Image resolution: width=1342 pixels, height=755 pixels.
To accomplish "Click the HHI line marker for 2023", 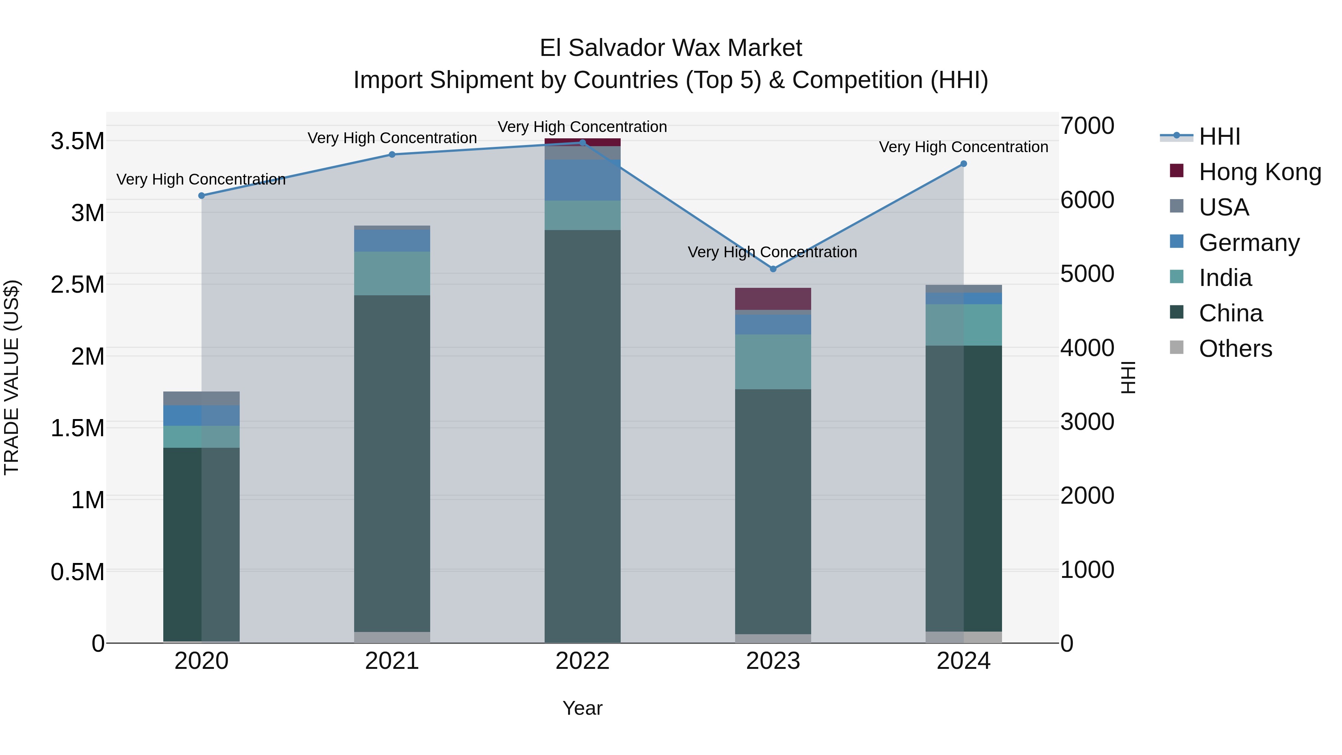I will [x=773, y=269].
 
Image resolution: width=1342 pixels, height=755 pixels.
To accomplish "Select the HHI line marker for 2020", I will [x=202, y=196].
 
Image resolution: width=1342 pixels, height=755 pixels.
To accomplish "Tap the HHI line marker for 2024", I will [x=964, y=164].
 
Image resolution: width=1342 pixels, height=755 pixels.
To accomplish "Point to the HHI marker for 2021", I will [x=392, y=155].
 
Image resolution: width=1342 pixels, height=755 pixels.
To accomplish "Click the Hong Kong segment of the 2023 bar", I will [x=773, y=299].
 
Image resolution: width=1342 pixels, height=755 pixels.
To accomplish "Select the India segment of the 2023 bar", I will [x=773, y=362].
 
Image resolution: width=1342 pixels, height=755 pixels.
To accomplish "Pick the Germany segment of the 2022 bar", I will [x=582, y=180].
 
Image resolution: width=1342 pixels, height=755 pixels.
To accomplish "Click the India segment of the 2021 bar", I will [x=392, y=274].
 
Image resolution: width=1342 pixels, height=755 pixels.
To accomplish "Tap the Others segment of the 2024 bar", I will [x=964, y=637].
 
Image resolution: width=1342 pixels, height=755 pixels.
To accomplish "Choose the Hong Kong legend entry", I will [x=1260, y=172].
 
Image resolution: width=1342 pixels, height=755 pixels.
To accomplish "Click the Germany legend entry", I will [x=1249, y=243].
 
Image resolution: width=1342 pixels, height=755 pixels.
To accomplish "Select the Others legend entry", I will [x=1235, y=349].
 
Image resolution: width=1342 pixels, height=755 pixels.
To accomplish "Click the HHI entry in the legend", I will [x=1219, y=136].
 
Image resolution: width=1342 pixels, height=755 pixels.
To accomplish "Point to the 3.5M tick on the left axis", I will [x=78, y=141].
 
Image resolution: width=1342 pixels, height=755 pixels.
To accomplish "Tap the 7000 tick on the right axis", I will [x=1087, y=126].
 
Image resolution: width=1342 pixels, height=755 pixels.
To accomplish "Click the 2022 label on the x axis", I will [x=582, y=661].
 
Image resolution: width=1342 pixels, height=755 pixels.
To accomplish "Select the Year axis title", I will [x=582, y=708].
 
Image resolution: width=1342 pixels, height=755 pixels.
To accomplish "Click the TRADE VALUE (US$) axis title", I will [x=12, y=377].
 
